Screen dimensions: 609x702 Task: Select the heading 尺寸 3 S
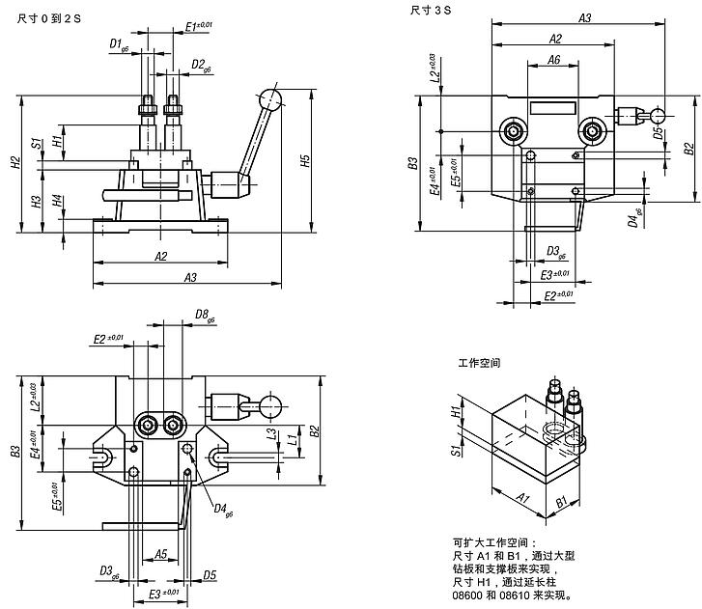[x=432, y=11]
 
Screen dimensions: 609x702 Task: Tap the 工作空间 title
[x=480, y=365]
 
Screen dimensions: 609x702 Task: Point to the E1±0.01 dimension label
[x=199, y=25]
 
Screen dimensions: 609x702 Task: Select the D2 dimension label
[x=201, y=66]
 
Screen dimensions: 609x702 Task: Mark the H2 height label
[x=14, y=164]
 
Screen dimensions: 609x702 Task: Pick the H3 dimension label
[x=36, y=202]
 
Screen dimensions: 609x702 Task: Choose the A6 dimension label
[x=553, y=60]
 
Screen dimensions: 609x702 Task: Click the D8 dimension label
[x=203, y=315]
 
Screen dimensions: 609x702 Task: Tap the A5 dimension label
[x=160, y=555]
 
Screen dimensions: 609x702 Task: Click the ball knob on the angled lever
[x=270, y=100]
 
